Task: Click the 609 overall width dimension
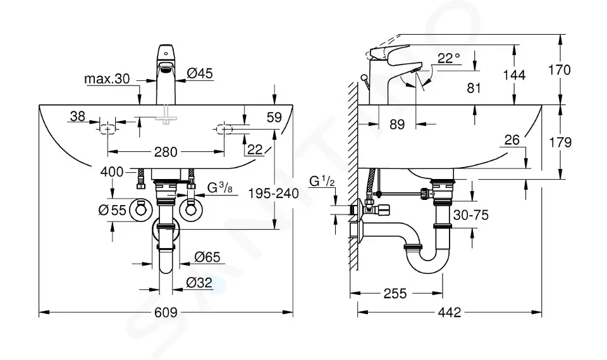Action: click(x=166, y=313)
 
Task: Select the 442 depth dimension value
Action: click(x=448, y=313)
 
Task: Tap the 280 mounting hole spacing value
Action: click(x=166, y=152)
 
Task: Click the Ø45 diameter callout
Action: click(x=200, y=73)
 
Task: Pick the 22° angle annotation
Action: click(x=448, y=58)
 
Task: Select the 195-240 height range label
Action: click(x=274, y=194)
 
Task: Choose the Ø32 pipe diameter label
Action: click(x=199, y=283)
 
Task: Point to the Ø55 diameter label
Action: click(x=114, y=211)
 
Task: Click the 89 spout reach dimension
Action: click(x=397, y=125)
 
